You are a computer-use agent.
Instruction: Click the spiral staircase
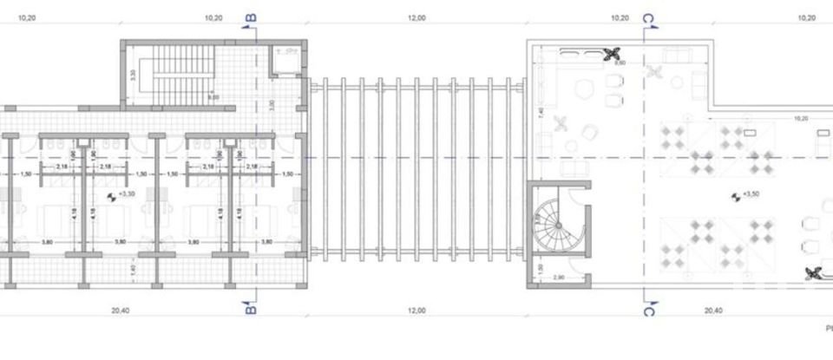pos(557,225)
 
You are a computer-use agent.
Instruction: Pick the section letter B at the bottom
pos(250,308)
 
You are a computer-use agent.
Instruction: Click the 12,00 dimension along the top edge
pos(418,16)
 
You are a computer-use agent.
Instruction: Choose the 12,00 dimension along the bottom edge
pos(418,310)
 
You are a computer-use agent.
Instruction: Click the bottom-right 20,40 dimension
pos(713,310)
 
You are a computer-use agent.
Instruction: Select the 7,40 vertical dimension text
pos(541,113)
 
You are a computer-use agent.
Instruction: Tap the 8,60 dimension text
pos(620,63)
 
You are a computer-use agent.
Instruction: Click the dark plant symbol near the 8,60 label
pos(611,54)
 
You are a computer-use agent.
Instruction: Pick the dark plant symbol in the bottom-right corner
pos(814,275)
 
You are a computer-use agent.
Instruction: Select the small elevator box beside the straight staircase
pos(283,63)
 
